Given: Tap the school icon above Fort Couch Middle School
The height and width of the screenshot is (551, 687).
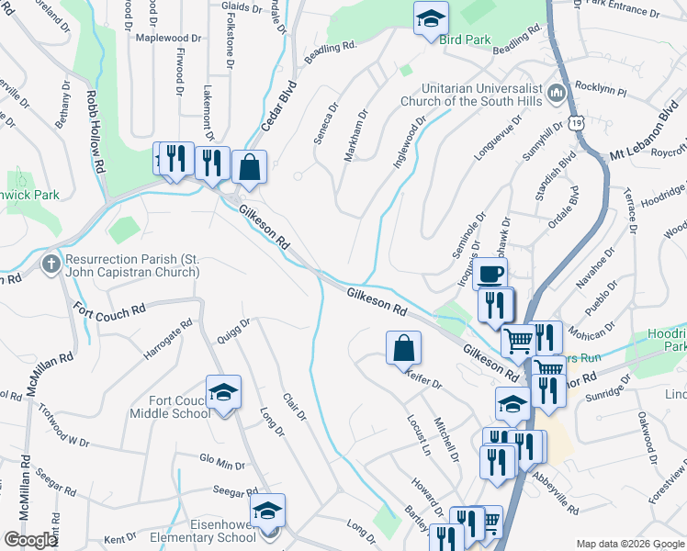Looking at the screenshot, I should pyautogui.click(x=223, y=392).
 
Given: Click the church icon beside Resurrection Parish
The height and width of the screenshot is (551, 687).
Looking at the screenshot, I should pyautogui.click(x=51, y=265).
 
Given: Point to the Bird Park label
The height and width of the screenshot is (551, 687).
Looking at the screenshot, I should pyautogui.click(x=465, y=39).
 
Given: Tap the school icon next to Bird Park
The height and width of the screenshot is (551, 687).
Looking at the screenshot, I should pyautogui.click(x=428, y=17).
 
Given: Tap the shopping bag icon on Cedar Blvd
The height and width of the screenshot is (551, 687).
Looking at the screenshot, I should pyautogui.click(x=249, y=167).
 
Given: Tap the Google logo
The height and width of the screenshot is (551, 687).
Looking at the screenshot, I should pyautogui.click(x=30, y=540).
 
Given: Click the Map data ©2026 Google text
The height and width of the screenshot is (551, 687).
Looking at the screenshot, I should pyautogui.click(x=630, y=544).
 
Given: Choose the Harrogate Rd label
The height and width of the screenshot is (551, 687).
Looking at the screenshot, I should pyautogui.click(x=169, y=339).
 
